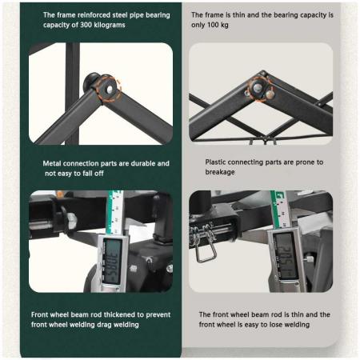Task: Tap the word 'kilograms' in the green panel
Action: point(111,25)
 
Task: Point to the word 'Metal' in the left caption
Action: point(52,163)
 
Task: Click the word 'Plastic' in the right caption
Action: point(215,162)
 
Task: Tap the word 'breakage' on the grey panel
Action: point(220,172)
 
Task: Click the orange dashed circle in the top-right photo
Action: point(259,88)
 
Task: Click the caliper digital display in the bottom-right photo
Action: point(286,255)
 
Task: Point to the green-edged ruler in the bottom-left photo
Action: point(115,212)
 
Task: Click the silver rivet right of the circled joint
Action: point(270,94)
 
